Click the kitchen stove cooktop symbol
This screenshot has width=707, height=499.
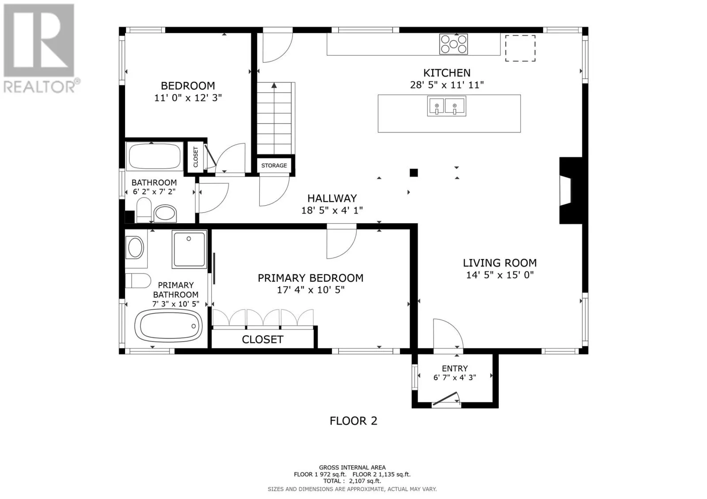[453, 44]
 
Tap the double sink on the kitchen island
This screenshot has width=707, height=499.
[446, 107]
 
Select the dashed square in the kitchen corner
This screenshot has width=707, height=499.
[521, 48]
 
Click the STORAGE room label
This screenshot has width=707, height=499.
[274, 165]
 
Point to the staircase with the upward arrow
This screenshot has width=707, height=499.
[274, 117]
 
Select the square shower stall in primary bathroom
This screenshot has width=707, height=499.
[189, 249]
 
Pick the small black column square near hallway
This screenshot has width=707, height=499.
[414, 173]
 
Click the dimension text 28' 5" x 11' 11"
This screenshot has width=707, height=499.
[447, 85]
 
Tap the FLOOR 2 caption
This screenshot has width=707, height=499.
[353, 421]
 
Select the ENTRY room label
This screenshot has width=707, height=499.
[455, 368]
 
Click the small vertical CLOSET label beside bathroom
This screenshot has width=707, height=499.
[196, 157]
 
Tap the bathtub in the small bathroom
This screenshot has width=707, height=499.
[155, 156]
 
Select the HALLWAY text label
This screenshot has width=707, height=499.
[332, 199]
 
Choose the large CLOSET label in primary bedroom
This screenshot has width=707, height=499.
[262, 339]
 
